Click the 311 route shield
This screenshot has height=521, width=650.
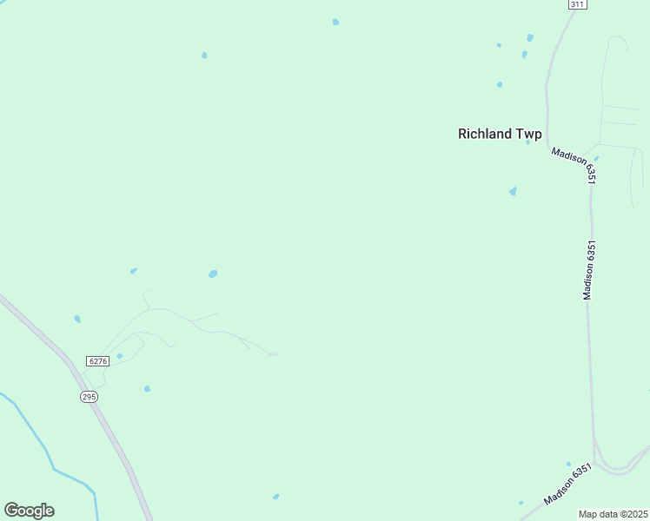(x=578, y=4)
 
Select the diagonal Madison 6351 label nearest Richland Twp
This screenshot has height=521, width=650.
(x=574, y=163)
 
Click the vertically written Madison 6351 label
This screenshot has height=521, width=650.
(x=589, y=270)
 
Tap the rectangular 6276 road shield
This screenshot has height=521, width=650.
(x=98, y=360)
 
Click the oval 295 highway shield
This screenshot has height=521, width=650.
(x=89, y=396)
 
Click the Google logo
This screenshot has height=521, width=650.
(x=29, y=511)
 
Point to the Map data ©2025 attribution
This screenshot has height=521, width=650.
(x=614, y=514)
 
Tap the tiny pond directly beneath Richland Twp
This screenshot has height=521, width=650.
(x=513, y=191)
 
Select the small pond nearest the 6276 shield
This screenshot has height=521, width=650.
(x=120, y=356)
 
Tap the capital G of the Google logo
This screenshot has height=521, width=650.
(x=11, y=510)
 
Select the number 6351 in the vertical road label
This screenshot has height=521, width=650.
(x=590, y=253)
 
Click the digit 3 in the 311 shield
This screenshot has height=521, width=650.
(x=574, y=4)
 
